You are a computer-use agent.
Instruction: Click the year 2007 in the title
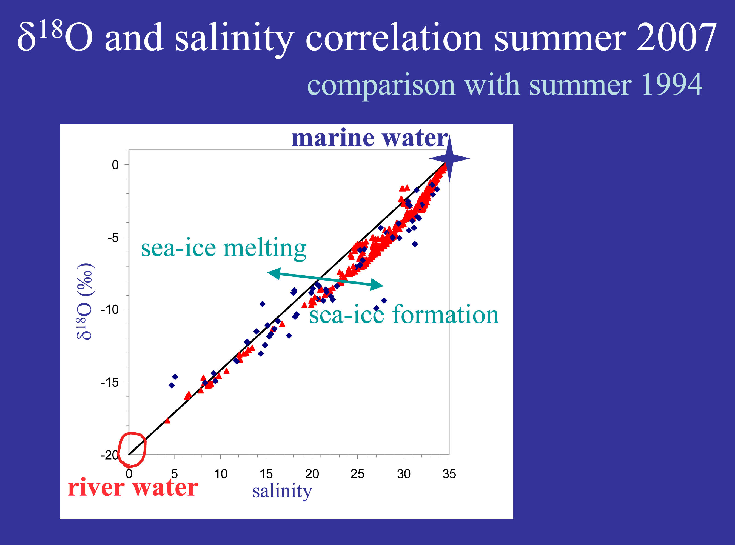676,37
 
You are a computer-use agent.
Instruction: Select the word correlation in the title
394,38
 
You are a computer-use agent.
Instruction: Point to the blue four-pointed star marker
449,158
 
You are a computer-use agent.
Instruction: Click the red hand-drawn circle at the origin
132,449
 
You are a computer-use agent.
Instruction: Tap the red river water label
133,488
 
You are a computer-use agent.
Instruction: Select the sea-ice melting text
223,248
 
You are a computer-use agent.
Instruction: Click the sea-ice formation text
404,315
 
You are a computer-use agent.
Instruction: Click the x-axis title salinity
282,491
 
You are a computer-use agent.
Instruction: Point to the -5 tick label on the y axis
113,238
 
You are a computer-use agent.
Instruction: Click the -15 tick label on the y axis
110,382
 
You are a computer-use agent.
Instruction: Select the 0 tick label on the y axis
115,165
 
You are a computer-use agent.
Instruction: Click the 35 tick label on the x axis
449,474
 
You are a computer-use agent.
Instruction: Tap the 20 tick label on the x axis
312,474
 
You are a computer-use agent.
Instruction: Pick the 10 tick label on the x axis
221,474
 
